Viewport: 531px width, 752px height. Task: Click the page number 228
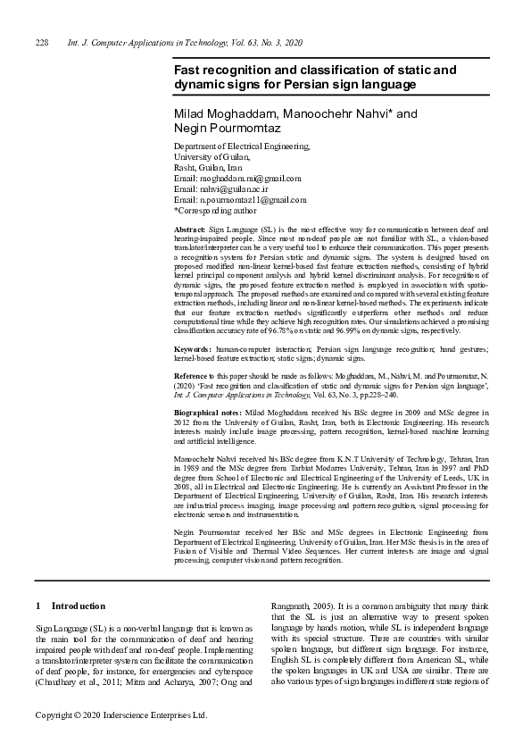41,43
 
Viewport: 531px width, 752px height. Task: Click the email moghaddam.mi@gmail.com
239,179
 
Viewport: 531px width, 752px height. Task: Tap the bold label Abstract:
189,231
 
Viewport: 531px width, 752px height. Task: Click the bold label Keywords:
192,347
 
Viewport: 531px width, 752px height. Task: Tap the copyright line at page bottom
120,715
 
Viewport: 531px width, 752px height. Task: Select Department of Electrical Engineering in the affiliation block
242,146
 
